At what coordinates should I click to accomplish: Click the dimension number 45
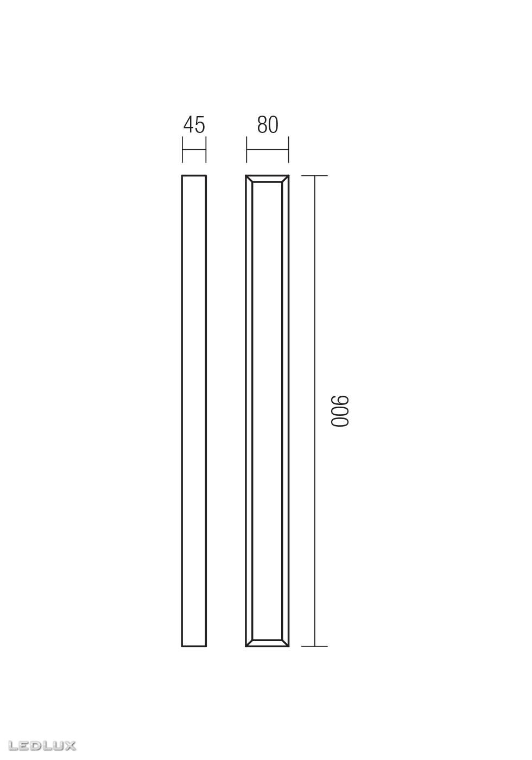point(194,125)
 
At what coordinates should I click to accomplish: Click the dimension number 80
point(267,125)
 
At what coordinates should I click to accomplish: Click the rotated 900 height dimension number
point(340,411)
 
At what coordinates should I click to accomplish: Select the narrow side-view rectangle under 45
point(194,411)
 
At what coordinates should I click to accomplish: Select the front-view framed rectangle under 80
point(267,411)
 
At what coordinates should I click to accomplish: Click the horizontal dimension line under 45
point(194,150)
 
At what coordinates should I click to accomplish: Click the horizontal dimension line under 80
point(267,150)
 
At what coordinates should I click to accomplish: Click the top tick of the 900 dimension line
point(314,176)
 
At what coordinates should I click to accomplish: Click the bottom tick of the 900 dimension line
point(314,646)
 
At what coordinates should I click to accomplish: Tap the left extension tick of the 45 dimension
point(182,150)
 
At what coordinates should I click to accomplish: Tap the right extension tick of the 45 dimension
point(206,150)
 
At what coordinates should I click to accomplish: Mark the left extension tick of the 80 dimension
point(246,150)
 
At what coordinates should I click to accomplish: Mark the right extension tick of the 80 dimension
point(288,150)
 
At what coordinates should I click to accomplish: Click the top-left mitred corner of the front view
point(249,179)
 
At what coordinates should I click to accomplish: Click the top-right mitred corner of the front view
point(285,179)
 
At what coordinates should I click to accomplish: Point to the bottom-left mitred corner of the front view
point(249,643)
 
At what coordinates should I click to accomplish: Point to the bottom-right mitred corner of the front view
point(285,643)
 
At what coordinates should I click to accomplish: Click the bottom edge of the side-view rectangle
point(194,646)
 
